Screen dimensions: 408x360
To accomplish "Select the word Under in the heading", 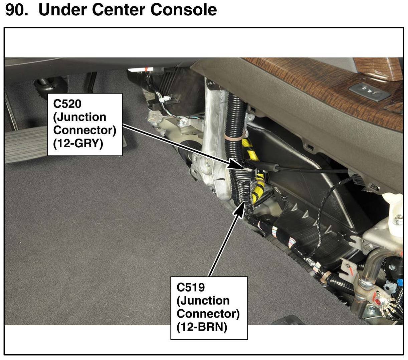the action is tap(63, 10).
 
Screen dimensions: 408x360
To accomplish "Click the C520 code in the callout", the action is tap(67, 104).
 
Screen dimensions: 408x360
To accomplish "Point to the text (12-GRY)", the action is tap(78, 144).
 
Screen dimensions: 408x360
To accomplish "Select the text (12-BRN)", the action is tap(202, 327).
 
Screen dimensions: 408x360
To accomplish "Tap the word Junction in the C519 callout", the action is tap(203, 301).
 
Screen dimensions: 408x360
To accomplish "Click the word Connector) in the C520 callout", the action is tap(85, 130).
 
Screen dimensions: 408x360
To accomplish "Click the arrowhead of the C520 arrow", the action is tap(237, 164).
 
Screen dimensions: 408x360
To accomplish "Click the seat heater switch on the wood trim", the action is tap(369, 90).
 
